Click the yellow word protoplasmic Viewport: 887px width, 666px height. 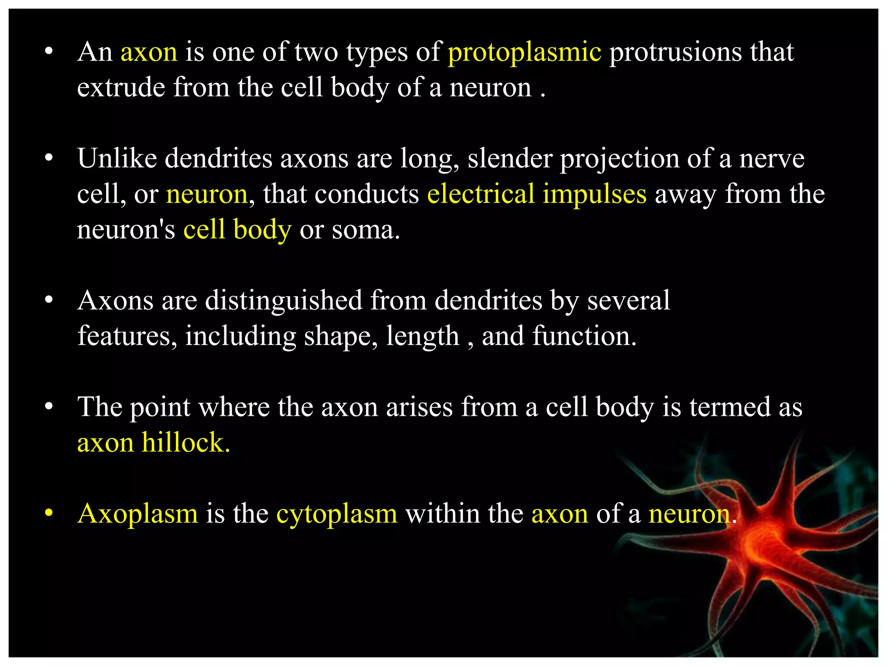click(524, 53)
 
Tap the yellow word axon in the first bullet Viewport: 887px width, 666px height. click(149, 52)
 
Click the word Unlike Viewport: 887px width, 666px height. click(117, 158)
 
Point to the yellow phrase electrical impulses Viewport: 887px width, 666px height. click(537, 194)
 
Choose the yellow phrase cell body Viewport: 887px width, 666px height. click(237, 229)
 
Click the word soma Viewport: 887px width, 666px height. click(366, 230)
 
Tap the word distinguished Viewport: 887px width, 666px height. click(283, 300)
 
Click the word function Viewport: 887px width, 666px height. click(584, 336)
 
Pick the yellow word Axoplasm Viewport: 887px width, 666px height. click(138, 514)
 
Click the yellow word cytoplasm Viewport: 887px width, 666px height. click(337, 514)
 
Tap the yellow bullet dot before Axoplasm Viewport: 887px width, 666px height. click(49, 513)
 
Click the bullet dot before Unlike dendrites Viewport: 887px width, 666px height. click(49, 158)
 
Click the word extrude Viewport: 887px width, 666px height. click(121, 88)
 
